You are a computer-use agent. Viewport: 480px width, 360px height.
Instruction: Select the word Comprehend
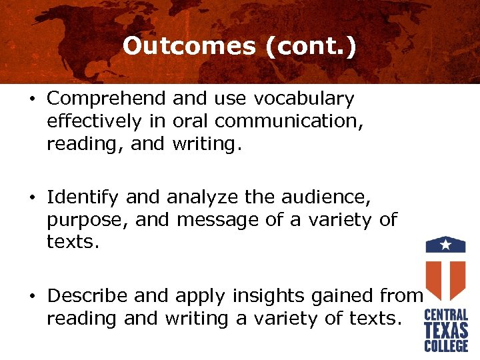107,99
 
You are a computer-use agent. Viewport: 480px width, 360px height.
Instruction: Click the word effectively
93,122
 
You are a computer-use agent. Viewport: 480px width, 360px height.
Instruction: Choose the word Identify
83,197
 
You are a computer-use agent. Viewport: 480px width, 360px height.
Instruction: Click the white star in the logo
446,245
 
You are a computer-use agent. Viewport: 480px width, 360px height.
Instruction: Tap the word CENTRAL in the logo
446,315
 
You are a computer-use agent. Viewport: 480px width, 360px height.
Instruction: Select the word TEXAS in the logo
446,330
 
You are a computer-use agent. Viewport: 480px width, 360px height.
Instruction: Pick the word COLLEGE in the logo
446,345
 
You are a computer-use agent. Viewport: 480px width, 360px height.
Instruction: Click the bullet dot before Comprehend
33,100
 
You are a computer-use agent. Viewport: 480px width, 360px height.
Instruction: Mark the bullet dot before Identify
33,198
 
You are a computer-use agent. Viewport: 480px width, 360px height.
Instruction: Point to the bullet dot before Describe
33,296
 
